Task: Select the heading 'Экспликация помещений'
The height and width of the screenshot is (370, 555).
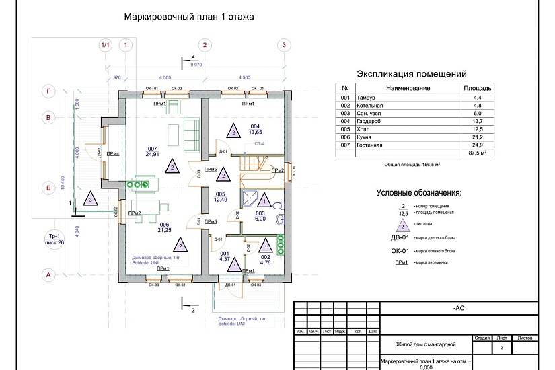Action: click(411, 74)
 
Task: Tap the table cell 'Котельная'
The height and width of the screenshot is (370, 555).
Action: click(371, 106)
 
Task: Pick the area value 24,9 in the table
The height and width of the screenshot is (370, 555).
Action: click(478, 145)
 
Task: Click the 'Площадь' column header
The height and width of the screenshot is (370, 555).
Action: click(478, 88)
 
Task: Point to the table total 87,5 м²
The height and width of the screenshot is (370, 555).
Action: click(478, 153)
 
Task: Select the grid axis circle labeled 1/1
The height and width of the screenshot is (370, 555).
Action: click(105, 45)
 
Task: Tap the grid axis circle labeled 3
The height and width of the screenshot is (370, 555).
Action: click(285, 45)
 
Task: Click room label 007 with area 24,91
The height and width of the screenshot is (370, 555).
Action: click(153, 151)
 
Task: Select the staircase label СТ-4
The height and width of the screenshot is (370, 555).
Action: click(259, 144)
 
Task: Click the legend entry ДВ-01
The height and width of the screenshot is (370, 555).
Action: click(401, 237)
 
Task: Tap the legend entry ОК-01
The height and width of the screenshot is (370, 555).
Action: click(401, 250)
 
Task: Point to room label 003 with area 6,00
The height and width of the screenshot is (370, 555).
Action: click(260, 215)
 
